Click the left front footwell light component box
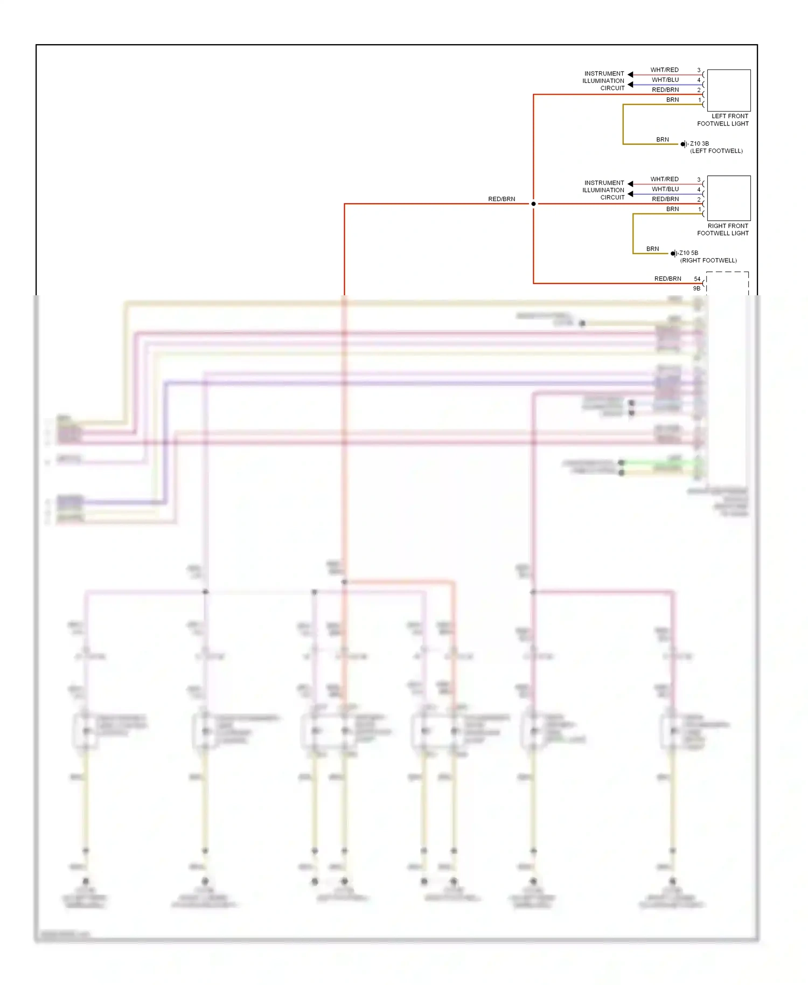(x=728, y=90)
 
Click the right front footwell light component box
(x=728, y=198)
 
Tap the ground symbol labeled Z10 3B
(x=684, y=144)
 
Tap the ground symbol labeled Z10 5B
(x=673, y=253)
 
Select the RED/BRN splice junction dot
(x=533, y=204)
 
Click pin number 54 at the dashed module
(x=697, y=279)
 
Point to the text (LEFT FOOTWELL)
(x=716, y=151)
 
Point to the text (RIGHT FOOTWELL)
(x=708, y=260)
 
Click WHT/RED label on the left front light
(x=664, y=70)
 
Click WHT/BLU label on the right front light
(x=665, y=189)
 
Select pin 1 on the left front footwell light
(x=700, y=100)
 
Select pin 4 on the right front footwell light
(x=699, y=190)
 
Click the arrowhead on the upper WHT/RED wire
(x=630, y=74)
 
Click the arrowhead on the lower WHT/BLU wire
(x=630, y=194)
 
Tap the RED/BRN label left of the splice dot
(x=501, y=199)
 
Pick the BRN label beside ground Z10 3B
(x=662, y=140)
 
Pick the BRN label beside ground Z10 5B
(x=652, y=249)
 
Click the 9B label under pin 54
(x=696, y=288)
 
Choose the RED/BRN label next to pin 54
(x=667, y=279)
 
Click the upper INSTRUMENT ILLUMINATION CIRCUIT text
(x=603, y=81)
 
